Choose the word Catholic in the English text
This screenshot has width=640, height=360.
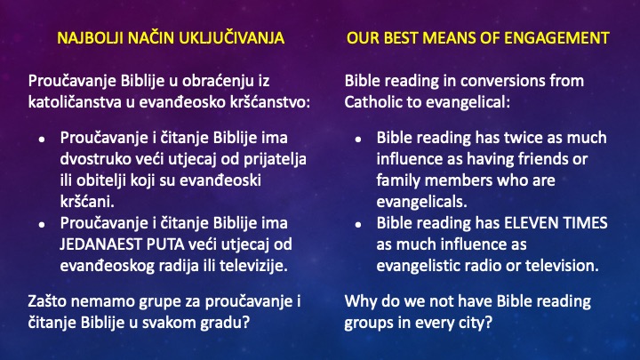374,102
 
